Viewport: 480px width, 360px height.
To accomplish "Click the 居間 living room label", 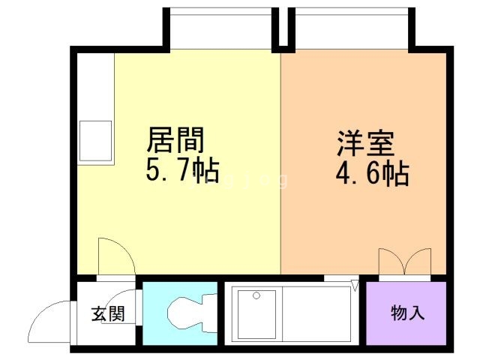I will pos(175,139).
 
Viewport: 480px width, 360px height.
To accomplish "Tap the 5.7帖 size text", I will pos(181,171).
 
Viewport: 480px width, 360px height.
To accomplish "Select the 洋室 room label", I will pos(365,143).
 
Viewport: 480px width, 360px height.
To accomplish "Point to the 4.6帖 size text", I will pos(371,175).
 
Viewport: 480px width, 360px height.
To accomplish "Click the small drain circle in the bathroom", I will pos(257,295).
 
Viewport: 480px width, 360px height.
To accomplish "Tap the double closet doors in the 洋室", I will pos(405,262).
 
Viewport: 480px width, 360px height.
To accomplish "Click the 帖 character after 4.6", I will pos(396,175).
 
